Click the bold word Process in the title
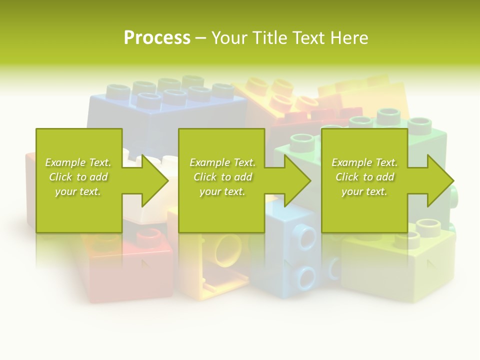[x=157, y=38]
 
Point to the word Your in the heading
[x=230, y=38]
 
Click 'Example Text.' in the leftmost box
[x=78, y=162]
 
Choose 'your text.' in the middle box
[x=222, y=191]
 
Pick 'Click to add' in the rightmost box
[x=364, y=177]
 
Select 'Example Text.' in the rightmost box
[x=364, y=162]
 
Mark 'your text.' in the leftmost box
[x=78, y=191]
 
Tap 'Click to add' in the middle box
[x=222, y=177]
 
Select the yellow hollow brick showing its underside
[x=220, y=265]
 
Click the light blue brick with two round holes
[x=295, y=255]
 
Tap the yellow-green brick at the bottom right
[x=400, y=265]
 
